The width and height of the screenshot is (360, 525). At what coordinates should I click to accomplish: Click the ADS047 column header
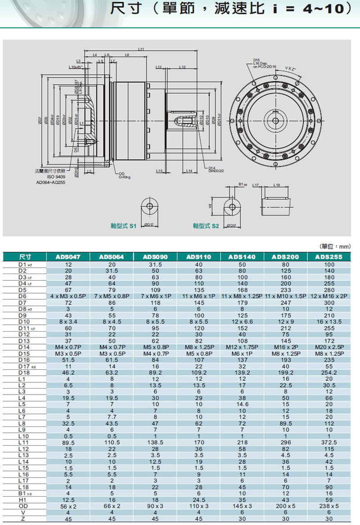(x=68, y=257)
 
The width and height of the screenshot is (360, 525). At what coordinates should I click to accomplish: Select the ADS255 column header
(x=329, y=257)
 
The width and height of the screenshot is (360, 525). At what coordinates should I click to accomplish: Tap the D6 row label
(x=23, y=296)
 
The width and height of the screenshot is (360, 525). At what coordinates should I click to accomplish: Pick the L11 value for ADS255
(x=329, y=443)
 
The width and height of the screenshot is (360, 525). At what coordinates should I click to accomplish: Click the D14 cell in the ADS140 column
(x=243, y=347)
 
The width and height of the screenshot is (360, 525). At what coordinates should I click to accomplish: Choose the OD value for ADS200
(x=285, y=506)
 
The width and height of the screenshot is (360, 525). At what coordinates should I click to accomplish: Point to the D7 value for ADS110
(x=199, y=303)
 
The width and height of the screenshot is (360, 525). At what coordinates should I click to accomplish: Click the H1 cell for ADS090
(x=155, y=499)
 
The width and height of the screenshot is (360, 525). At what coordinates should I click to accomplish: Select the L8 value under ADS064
(x=112, y=423)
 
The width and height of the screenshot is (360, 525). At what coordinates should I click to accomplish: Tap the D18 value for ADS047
(x=68, y=372)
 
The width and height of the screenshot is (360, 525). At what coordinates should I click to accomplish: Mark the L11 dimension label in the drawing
(x=141, y=49)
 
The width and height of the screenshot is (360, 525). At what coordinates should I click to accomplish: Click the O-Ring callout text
(x=125, y=177)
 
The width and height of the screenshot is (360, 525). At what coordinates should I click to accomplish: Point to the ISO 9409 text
(x=58, y=177)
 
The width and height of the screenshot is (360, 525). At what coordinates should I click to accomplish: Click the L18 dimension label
(x=276, y=185)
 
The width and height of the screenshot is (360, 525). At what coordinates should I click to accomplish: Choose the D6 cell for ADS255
(x=329, y=296)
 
